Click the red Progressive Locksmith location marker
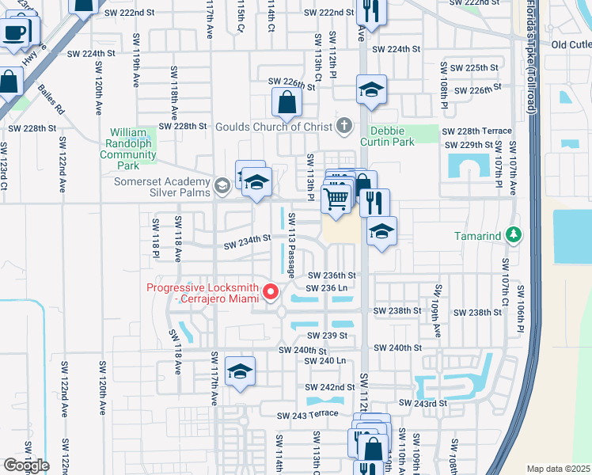(270, 294)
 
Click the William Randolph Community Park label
(127, 149)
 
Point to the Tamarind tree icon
(514, 235)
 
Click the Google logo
(26, 465)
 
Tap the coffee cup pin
(14, 33)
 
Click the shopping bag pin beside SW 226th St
(286, 103)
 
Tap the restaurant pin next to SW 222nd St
(369, 11)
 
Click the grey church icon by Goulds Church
(343, 125)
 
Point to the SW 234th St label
(245, 237)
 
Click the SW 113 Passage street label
(291, 245)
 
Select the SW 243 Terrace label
(307, 415)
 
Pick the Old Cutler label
(571, 45)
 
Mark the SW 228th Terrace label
(476, 131)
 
